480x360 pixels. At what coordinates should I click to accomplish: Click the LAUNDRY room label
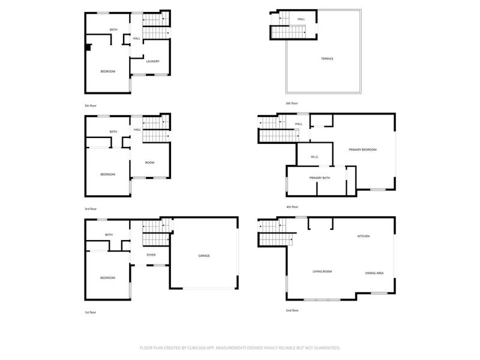(x=152, y=61)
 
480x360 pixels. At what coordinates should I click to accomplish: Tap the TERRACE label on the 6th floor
(x=326, y=58)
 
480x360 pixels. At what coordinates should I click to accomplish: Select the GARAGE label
(x=204, y=256)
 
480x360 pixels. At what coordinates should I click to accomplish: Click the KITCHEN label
(x=364, y=236)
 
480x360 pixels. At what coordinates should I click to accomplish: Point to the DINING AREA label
(x=374, y=274)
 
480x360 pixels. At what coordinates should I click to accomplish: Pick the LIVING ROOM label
(x=322, y=271)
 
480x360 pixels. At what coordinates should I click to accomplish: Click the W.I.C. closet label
(x=314, y=157)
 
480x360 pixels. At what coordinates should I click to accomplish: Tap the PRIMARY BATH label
(x=320, y=178)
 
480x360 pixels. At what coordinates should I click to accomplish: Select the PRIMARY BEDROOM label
(x=362, y=149)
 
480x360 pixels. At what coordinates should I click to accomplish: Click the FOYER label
(x=151, y=255)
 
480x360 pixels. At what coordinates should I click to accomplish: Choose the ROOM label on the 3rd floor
(x=150, y=163)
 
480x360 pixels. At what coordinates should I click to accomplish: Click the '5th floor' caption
(x=90, y=106)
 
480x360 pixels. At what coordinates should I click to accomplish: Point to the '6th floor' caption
(x=292, y=103)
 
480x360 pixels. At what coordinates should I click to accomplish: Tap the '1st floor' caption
(x=90, y=313)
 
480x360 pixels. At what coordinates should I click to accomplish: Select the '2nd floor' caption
(x=292, y=310)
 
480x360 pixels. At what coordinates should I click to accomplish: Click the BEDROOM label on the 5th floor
(x=107, y=71)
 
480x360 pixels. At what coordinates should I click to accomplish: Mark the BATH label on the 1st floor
(x=109, y=235)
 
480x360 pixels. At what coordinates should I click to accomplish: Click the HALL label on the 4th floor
(x=298, y=124)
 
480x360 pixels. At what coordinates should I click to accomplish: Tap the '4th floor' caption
(x=292, y=207)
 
